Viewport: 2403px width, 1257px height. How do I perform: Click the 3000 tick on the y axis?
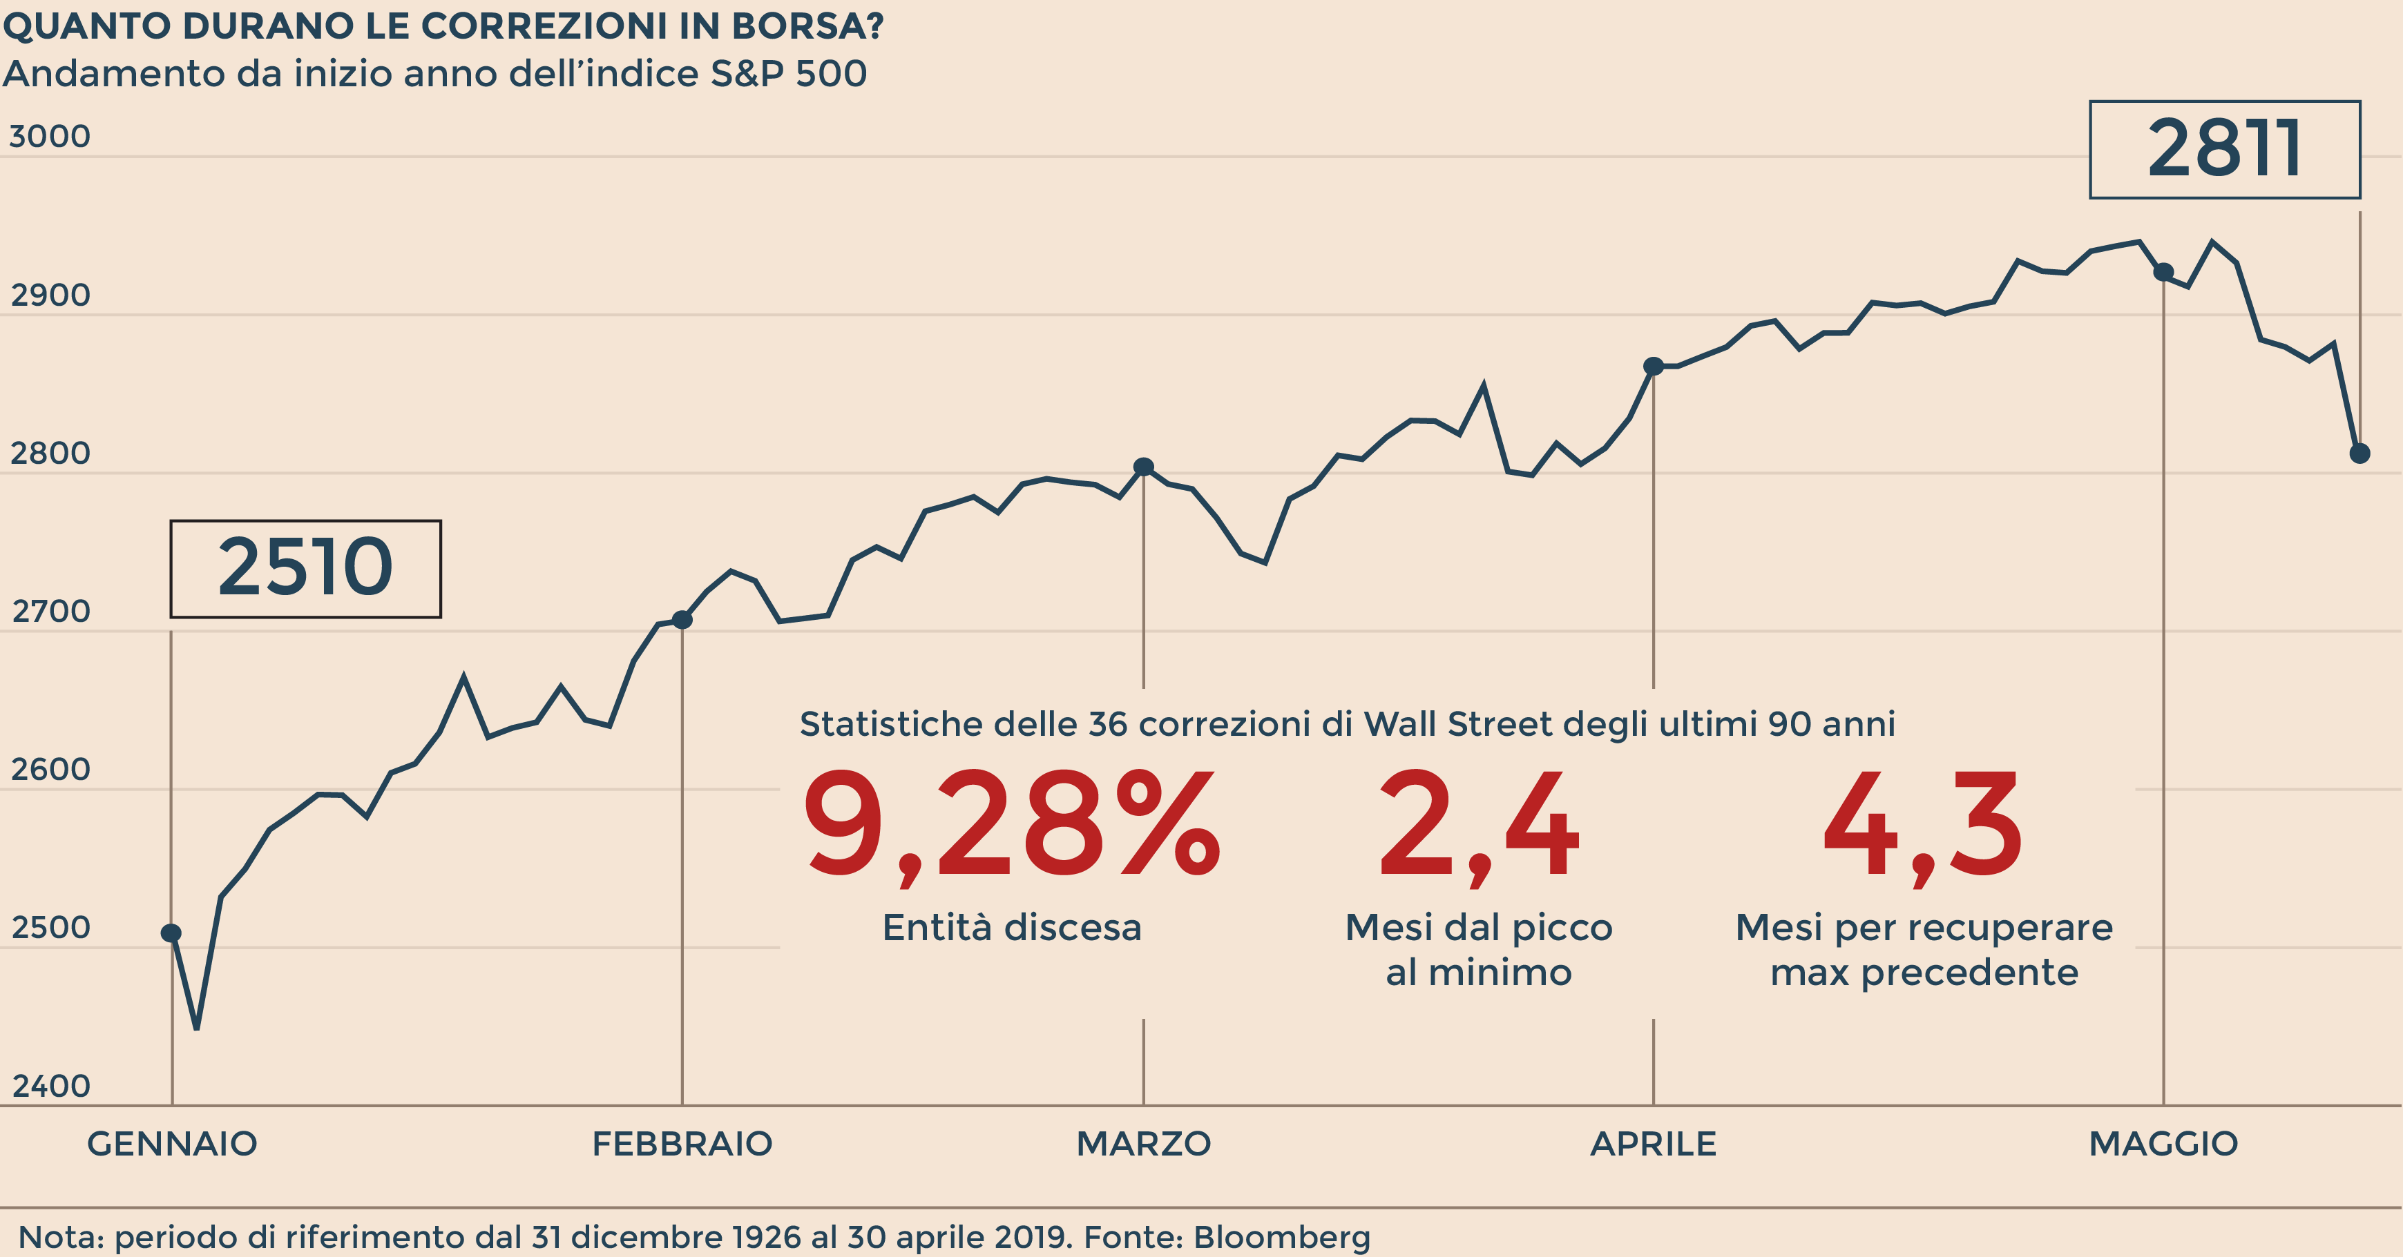click(x=50, y=137)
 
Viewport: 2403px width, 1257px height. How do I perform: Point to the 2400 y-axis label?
click(x=50, y=1087)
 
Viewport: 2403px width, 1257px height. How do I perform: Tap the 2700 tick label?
click(x=50, y=612)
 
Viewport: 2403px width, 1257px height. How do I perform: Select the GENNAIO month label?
click(x=171, y=1143)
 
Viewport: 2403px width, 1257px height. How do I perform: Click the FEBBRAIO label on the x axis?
click(x=682, y=1143)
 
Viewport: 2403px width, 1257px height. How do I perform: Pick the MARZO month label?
click(x=1144, y=1143)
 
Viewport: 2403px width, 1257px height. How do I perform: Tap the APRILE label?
click(x=1653, y=1143)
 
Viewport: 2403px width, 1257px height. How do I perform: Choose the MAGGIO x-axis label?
click(x=2163, y=1143)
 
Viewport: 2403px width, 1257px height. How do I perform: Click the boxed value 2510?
click(x=305, y=568)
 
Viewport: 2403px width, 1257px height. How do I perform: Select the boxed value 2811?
click(x=2224, y=149)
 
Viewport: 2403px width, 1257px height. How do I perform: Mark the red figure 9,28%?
click(x=1011, y=826)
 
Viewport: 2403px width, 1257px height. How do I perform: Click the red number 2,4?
click(x=1479, y=826)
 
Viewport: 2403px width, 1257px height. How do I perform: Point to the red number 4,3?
click(x=1922, y=826)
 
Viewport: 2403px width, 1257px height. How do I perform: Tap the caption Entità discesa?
click(x=1012, y=928)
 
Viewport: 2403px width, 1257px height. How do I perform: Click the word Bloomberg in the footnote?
click(x=1282, y=1238)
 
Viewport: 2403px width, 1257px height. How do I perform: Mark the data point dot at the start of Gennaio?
click(x=171, y=933)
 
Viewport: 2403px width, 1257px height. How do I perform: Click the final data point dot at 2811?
click(x=2360, y=454)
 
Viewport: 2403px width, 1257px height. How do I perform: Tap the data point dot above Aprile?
click(x=1653, y=367)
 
